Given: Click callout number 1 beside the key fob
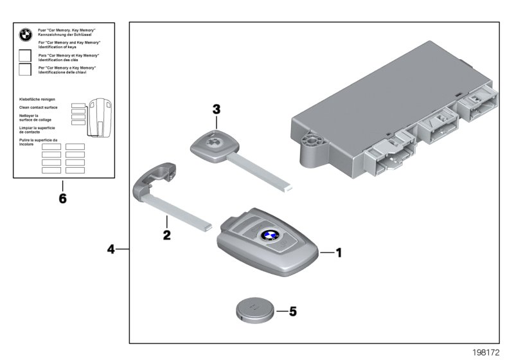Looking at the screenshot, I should pyautogui.click(x=339, y=253).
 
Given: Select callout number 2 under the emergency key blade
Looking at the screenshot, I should pyautogui.click(x=166, y=235).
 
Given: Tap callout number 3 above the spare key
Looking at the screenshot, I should pyautogui.click(x=217, y=110).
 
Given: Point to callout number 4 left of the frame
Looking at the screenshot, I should pyautogui.click(x=111, y=248).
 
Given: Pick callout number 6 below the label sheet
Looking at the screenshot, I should pyautogui.click(x=62, y=198).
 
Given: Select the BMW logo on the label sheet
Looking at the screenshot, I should pyautogui.click(x=26, y=35).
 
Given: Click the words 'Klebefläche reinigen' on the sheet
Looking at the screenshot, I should pyautogui.click(x=37, y=100).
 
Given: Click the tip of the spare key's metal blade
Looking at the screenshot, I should pyautogui.click(x=289, y=188).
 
